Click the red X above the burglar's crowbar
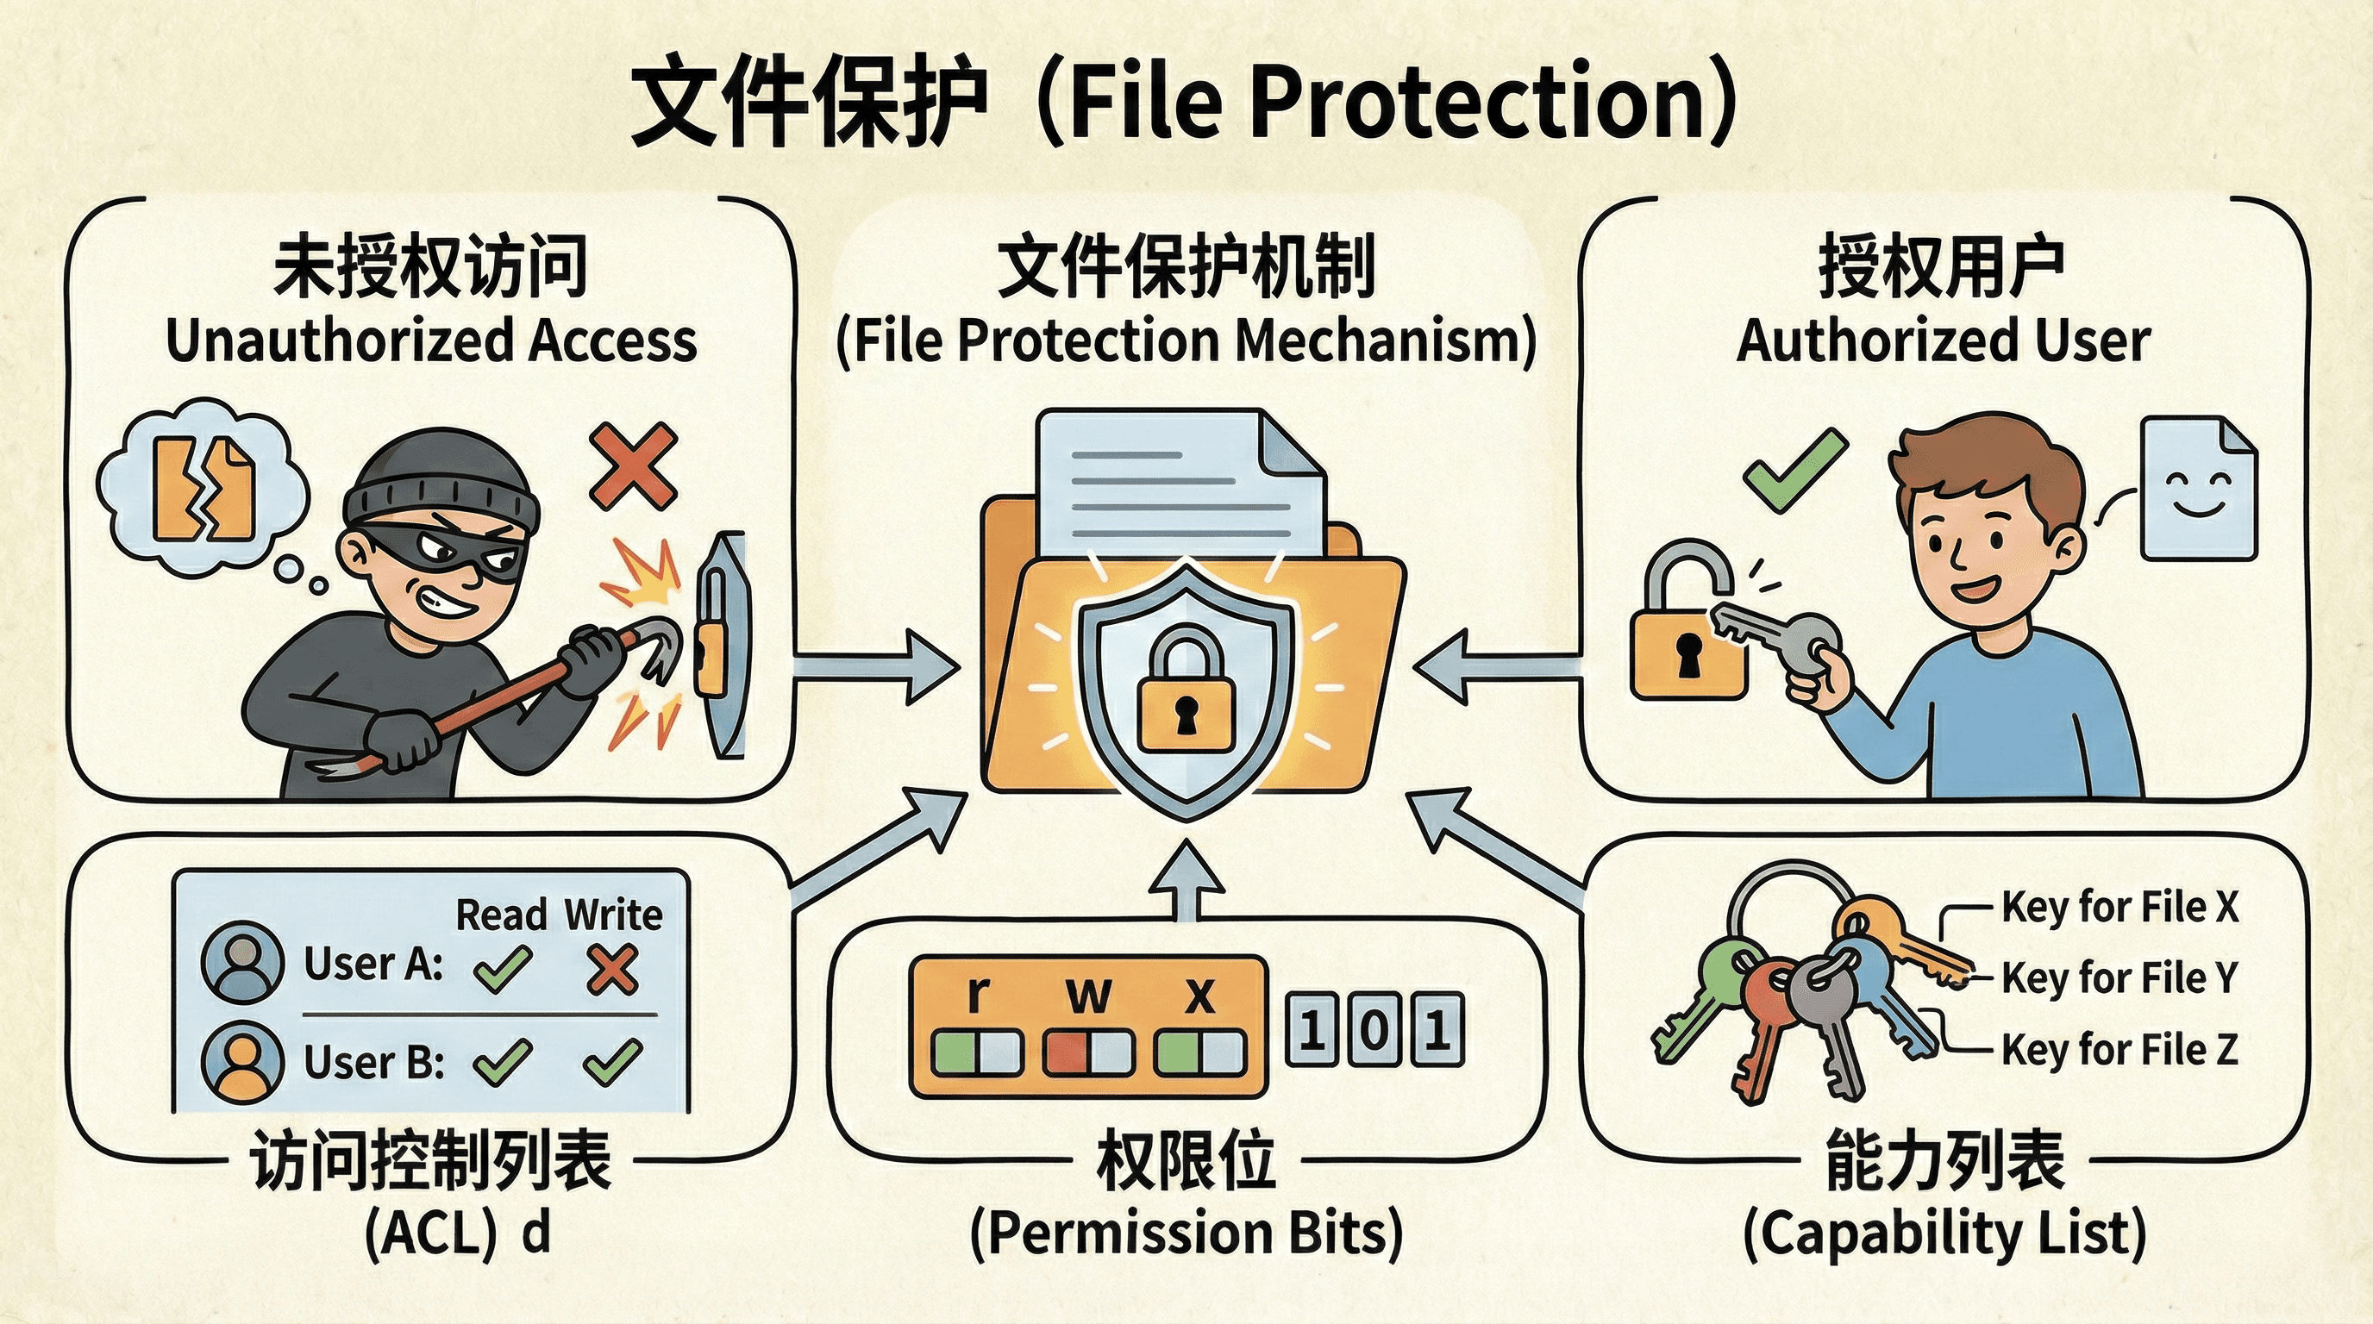(634, 465)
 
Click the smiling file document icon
(2198, 488)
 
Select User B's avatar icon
(242, 1061)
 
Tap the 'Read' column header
(502, 915)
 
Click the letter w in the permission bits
(1088, 995)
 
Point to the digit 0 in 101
(1374, 1029)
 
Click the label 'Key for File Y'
(2119, 977)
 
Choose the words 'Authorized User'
(1944, 340)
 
